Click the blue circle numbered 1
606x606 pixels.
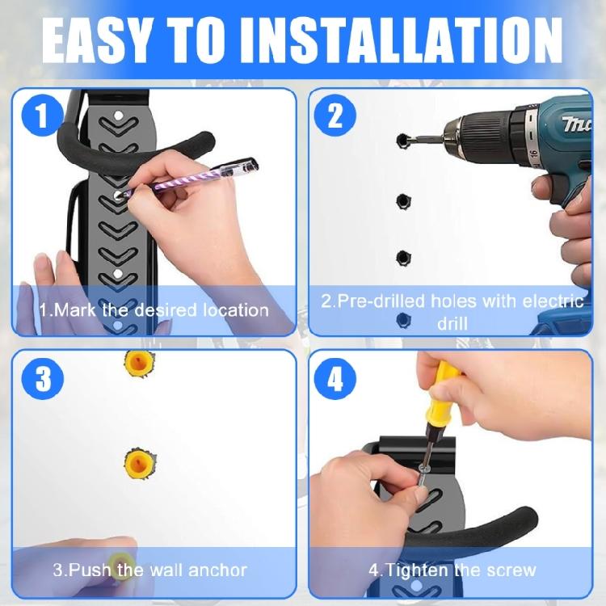point(43,116)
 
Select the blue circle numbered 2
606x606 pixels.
point(335,116)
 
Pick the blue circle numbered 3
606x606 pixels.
point(43,379)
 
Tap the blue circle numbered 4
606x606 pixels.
point(335,379)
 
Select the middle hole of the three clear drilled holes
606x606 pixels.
point(403,201)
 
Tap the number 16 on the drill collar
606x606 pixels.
point(534,154)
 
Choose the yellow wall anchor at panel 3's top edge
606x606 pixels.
point(139,364)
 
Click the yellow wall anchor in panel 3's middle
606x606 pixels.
point(140,463)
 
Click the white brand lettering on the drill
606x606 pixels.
point(577,124)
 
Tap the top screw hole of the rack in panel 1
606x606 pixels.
point(118,116)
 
